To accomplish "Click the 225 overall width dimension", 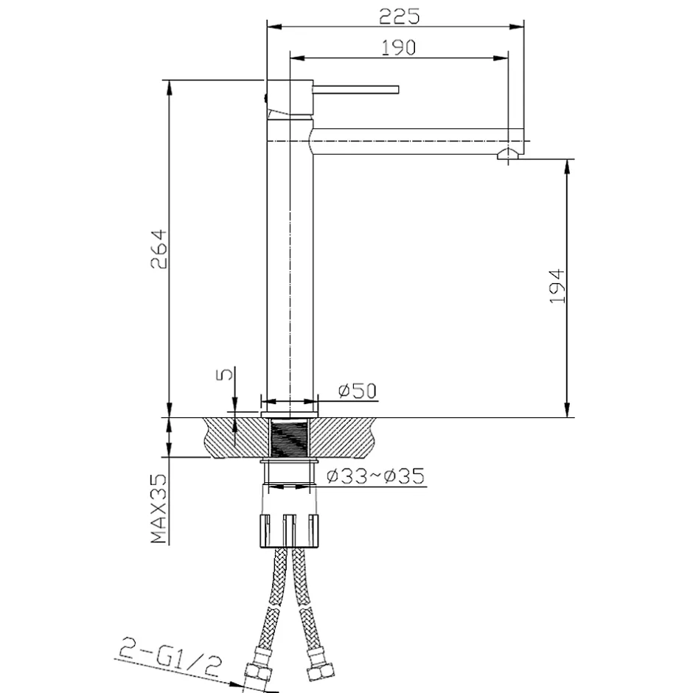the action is [x=399, y=17].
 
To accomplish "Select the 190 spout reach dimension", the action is [x=399, y=48].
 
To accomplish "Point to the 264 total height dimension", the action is [x=159, y=249].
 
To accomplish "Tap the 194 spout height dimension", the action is [x=557, y=286].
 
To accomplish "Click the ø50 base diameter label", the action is [x=358, y=391].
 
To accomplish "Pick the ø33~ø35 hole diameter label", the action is [x=376, y=476].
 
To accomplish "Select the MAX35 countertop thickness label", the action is [x=159, y=509].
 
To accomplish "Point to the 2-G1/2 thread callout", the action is [x=170, y=657].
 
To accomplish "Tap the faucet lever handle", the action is [x=356, y=90].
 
